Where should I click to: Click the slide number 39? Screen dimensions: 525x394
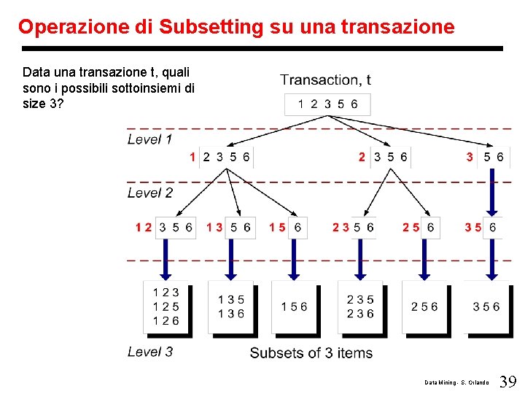[508, 382]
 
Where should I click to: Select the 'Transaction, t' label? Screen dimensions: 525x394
[326, 80]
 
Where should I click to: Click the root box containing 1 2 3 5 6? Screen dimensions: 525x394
[327, 104]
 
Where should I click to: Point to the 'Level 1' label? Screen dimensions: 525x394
[150, 139]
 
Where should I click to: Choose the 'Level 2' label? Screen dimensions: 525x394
[150, 193]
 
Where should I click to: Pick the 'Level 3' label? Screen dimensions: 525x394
[150, 352]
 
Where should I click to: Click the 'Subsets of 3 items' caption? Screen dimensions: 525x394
[311, 353]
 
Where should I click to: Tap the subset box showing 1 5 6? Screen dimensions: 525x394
[295, 307]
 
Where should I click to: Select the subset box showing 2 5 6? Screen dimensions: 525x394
[424, 307]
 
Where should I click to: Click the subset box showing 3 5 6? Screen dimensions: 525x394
[486, 307]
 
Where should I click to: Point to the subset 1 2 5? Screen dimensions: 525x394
[166, 307]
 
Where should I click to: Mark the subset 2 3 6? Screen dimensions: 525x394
[360, 314]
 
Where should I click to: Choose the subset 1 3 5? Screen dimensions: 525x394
[230, 300]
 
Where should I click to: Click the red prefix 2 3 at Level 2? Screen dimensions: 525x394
[341, 228]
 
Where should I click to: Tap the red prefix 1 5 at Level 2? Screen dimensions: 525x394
[277, 228]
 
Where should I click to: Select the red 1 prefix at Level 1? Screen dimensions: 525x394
[192, 157]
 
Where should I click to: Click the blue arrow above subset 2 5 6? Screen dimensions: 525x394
[424, 258]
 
